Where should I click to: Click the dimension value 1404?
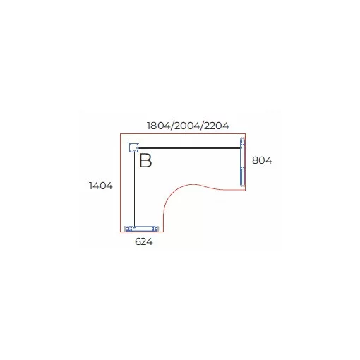(x=101, y=186)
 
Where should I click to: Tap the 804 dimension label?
(x=262, y=160)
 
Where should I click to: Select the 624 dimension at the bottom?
(x=144, y=241)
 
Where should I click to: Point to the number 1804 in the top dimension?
(x=159, y=126)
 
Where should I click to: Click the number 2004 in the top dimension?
(x=187, y=126)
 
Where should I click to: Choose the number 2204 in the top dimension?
(x=216, y=126)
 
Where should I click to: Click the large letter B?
(x=145, y=160)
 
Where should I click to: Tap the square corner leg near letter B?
(x=133, y=148)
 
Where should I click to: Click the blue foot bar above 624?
(x=141, y=229)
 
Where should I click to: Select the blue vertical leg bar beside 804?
(x=242, y=162)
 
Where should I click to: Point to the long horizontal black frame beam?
(x=189, y=148)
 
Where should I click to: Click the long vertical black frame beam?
(x=133, y=190)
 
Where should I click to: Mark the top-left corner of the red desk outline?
(x=121, y=134)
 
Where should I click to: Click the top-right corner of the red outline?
(x=246, y=134)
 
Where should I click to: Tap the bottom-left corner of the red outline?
(x=121, y=232)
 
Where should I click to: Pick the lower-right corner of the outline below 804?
(x=246, y=190)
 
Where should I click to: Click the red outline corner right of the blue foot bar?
(x=163, y=232)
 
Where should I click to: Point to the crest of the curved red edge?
(x=193, y=184)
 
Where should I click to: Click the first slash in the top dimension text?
(x=172, y=126)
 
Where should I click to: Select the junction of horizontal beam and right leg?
(x=241, y=148)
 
